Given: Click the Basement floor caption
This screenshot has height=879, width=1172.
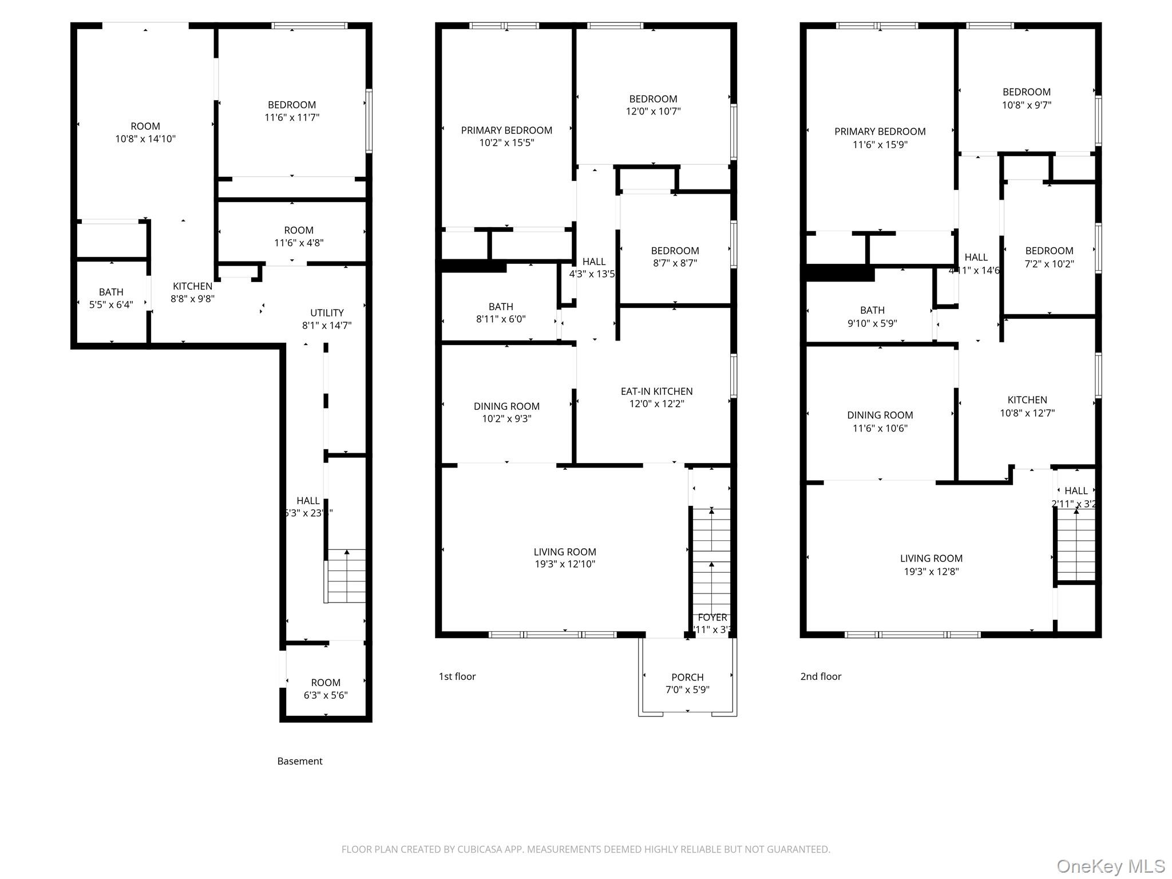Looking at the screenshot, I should click(x=299, y=761).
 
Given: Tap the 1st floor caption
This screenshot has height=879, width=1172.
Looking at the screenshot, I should click(x=457, y=676).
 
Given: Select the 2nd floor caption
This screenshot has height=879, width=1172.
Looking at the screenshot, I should click(x=820, y=676).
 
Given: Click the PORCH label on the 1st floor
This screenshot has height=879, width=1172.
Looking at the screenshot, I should click(x=687, y=677).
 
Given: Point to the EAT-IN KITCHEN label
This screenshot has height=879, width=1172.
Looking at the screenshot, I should click(x=656, y=391).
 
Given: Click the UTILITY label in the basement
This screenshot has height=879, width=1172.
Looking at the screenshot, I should click(x=327, y=313).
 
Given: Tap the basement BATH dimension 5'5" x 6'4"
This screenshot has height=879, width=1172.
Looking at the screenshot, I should click(x=111, y=304).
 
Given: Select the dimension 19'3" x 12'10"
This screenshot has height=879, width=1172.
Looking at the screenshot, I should click(x=565, y=564).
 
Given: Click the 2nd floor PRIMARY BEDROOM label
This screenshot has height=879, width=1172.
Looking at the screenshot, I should click(x=880, y=132).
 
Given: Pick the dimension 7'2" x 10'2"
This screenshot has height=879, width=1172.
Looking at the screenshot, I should click(x=1049, y=264).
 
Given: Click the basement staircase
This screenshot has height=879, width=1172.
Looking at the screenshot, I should click(x=346, y=576).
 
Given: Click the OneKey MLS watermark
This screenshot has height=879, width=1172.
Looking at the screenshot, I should click(x=1110, y=866).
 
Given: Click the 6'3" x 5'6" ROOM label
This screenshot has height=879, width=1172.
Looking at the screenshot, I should click(x=326, y=683).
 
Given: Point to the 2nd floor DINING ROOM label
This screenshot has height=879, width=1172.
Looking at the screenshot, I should click(x=880, y=415).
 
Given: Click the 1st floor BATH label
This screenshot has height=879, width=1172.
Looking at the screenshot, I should click(x=501, y=307).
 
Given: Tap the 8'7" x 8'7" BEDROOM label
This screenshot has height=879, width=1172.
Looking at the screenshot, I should click(x=675, y=251).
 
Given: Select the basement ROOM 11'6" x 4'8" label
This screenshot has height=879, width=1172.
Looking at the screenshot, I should click(x=299, y=230).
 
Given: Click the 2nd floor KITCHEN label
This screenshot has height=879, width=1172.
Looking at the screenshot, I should click(x=1027, y=400).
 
